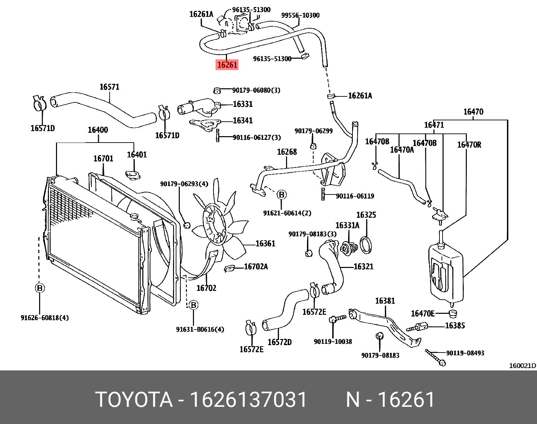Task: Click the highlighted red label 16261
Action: point(227,65)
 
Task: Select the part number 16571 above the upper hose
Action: point(109,87)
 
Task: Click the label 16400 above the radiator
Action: point(98,130)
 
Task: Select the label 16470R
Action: point(469,145)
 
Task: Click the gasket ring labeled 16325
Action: point(366,245)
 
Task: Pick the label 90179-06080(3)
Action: point(256,90)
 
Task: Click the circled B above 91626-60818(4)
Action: point(40,288)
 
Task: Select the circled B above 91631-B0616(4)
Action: point(193,305)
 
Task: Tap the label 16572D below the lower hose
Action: point(279,342)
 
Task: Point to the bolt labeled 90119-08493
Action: point(435,358)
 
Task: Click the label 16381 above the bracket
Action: point(385,301)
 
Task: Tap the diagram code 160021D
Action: point(522,366)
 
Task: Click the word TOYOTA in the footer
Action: point(134,400)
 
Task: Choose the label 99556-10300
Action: point(300,15)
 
